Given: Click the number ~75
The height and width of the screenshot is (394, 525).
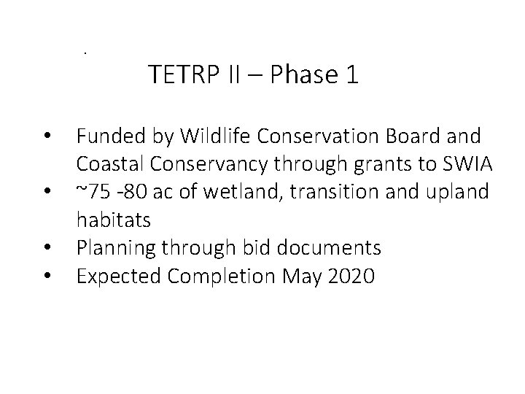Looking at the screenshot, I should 92,192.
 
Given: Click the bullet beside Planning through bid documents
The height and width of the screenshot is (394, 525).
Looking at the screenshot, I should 47,248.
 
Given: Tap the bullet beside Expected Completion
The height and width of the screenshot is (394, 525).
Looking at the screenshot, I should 47,276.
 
